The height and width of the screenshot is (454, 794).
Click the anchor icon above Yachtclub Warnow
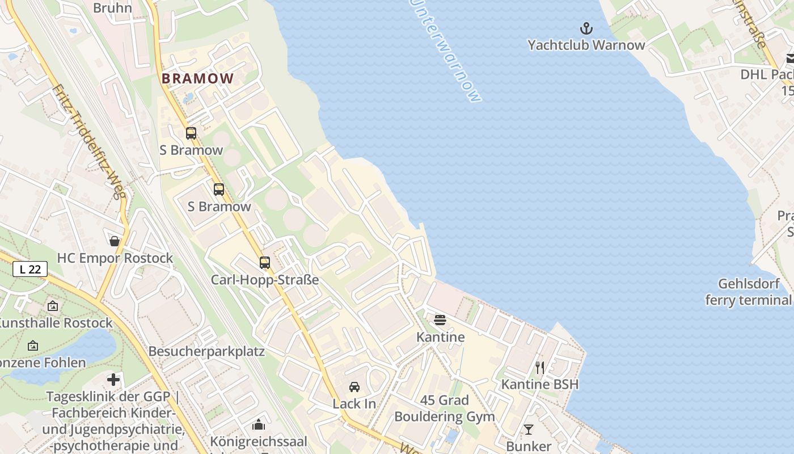(586, 28)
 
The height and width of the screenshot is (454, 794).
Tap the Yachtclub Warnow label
(586, 45)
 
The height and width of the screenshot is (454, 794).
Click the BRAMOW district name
(197, 79)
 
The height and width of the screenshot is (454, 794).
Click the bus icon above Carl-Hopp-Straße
(264, 263)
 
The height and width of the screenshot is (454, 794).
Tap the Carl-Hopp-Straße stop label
(264, 280)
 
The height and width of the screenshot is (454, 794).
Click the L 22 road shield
(30, 270)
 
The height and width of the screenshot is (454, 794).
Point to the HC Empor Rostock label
(115, 258)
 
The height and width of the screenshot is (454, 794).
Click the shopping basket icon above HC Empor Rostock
(115, 241)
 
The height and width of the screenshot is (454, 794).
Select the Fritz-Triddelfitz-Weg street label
(89, 142)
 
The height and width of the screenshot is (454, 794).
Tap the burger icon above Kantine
(440, 320)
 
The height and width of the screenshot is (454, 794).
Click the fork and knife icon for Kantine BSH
(540, 368)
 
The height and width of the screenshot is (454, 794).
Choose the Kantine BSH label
(540, 384)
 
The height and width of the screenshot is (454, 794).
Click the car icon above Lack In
(354, 387)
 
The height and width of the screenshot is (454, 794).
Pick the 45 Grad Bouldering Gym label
(445, 409)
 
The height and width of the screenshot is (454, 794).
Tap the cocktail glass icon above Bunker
(529, 430)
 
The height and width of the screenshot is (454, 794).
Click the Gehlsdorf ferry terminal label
(748, 292)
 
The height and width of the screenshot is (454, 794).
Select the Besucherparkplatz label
(206, 351)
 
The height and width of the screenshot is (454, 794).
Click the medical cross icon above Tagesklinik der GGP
(113, 380)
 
